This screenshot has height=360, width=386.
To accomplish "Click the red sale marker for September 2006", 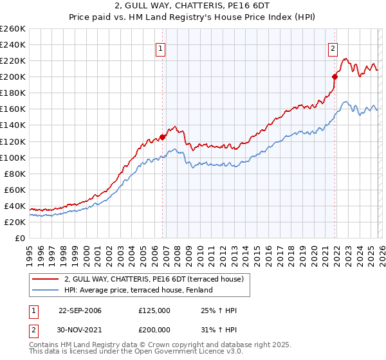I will coord(163,137).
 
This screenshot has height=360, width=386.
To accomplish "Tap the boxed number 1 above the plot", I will coord(160,48).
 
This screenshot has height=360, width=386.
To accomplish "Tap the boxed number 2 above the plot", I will coord(333,48).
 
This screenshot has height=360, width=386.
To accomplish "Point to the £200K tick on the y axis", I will coord(12,76).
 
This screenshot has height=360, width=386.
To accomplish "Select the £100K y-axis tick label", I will coord(12,157).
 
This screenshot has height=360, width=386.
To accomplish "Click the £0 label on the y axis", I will coord(19,238).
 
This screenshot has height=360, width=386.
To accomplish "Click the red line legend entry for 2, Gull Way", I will coord(153,280).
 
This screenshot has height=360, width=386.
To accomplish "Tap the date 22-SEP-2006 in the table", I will coord(80,310).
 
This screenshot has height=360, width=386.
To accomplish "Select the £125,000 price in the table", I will coord(154,310).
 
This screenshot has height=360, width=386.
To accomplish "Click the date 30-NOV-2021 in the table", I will coord(80,328).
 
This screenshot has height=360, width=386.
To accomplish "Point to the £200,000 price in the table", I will coord(154,328).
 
